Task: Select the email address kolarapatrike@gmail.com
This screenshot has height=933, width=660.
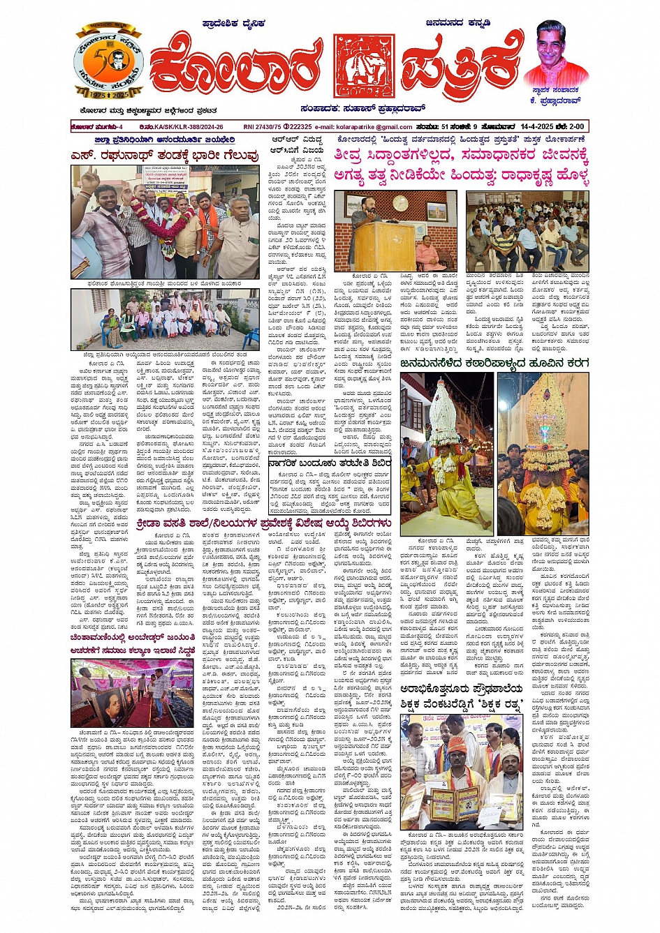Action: (374, 126)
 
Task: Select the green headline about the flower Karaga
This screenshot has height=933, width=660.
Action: (494, 363)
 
